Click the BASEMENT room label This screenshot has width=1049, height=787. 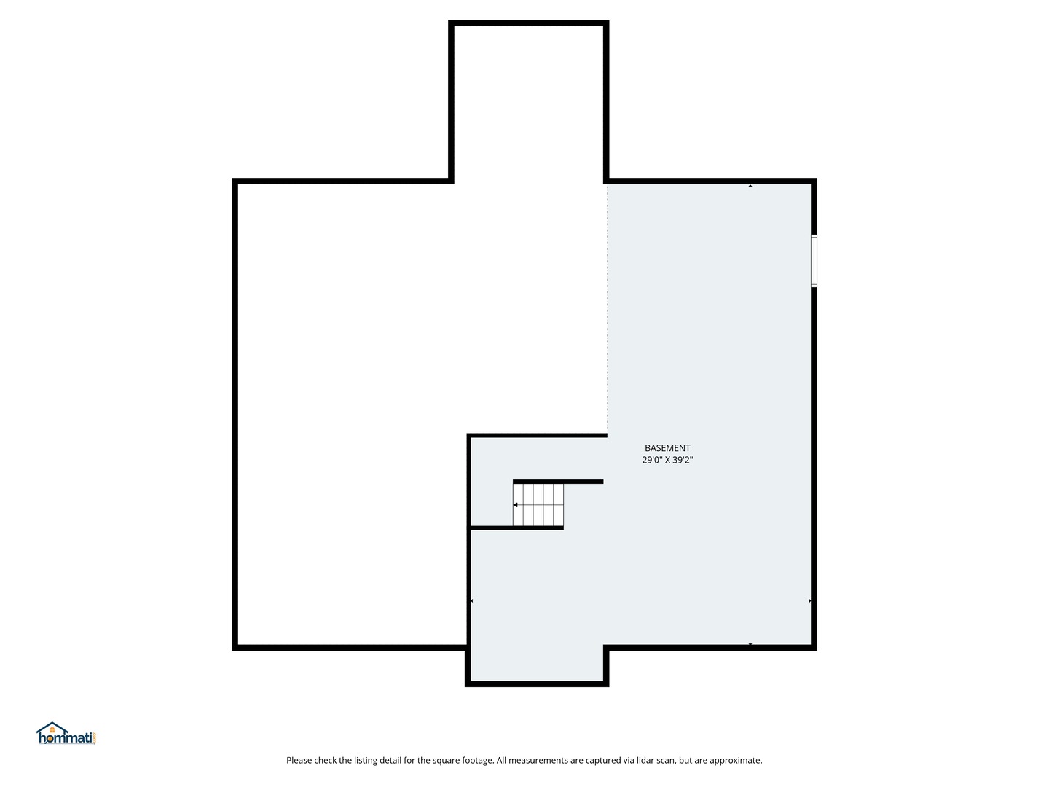coord(667,448)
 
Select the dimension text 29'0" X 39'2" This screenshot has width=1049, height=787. coord(667,460)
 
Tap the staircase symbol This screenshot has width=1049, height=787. coord(538,505)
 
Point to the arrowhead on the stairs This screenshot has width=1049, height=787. coord(515,505)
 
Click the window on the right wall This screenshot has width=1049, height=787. coord(814,261)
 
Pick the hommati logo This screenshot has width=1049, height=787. coord(66,733)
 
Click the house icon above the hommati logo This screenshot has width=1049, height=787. coord(52,727)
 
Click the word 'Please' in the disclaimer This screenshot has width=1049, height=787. coord(299,761)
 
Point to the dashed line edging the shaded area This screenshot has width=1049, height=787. coord(607,309)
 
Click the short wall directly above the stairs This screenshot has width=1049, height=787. coord(558,482)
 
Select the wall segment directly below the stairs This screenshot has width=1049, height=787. coord(516,528)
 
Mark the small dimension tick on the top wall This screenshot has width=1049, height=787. coord(750,185)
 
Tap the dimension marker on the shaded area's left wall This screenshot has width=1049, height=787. coord(472,600)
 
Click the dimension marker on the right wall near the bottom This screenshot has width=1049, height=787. coord(809,600)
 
